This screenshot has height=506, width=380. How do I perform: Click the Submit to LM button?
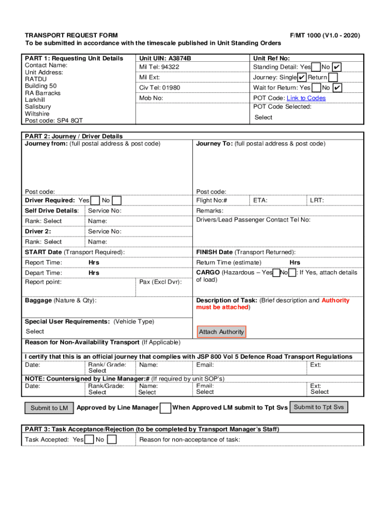[x=49, y=408]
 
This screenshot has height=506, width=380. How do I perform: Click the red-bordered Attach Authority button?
[x=221, y=332]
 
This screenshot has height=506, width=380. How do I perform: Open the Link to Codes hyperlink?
[x=306, y=98]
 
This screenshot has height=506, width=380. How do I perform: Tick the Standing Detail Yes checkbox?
[x=316, y=67]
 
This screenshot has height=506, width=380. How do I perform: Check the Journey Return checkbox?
[x=333, y=77]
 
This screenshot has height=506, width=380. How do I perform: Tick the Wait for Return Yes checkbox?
[x=316, y=87]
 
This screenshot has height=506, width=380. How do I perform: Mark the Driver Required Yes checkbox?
[x=95, y=200]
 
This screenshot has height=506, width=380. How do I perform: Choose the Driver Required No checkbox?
[x=116, y=200]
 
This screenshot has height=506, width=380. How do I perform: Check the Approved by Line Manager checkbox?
[x=166, y=408]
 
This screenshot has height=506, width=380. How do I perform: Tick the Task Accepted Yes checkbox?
[x=89, y=439]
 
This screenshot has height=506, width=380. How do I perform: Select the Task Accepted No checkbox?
[x=112, y=439]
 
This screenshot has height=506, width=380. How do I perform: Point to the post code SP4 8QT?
[x=69, y=120]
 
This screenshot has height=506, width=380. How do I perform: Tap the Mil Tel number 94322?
[x=170, y=67]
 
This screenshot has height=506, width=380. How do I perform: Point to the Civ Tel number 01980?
[x=171, y=87]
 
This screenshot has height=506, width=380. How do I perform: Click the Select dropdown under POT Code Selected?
[x=263, y=118]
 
